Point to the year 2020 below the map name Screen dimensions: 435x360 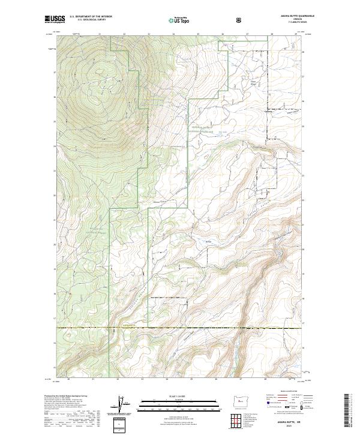281,426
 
